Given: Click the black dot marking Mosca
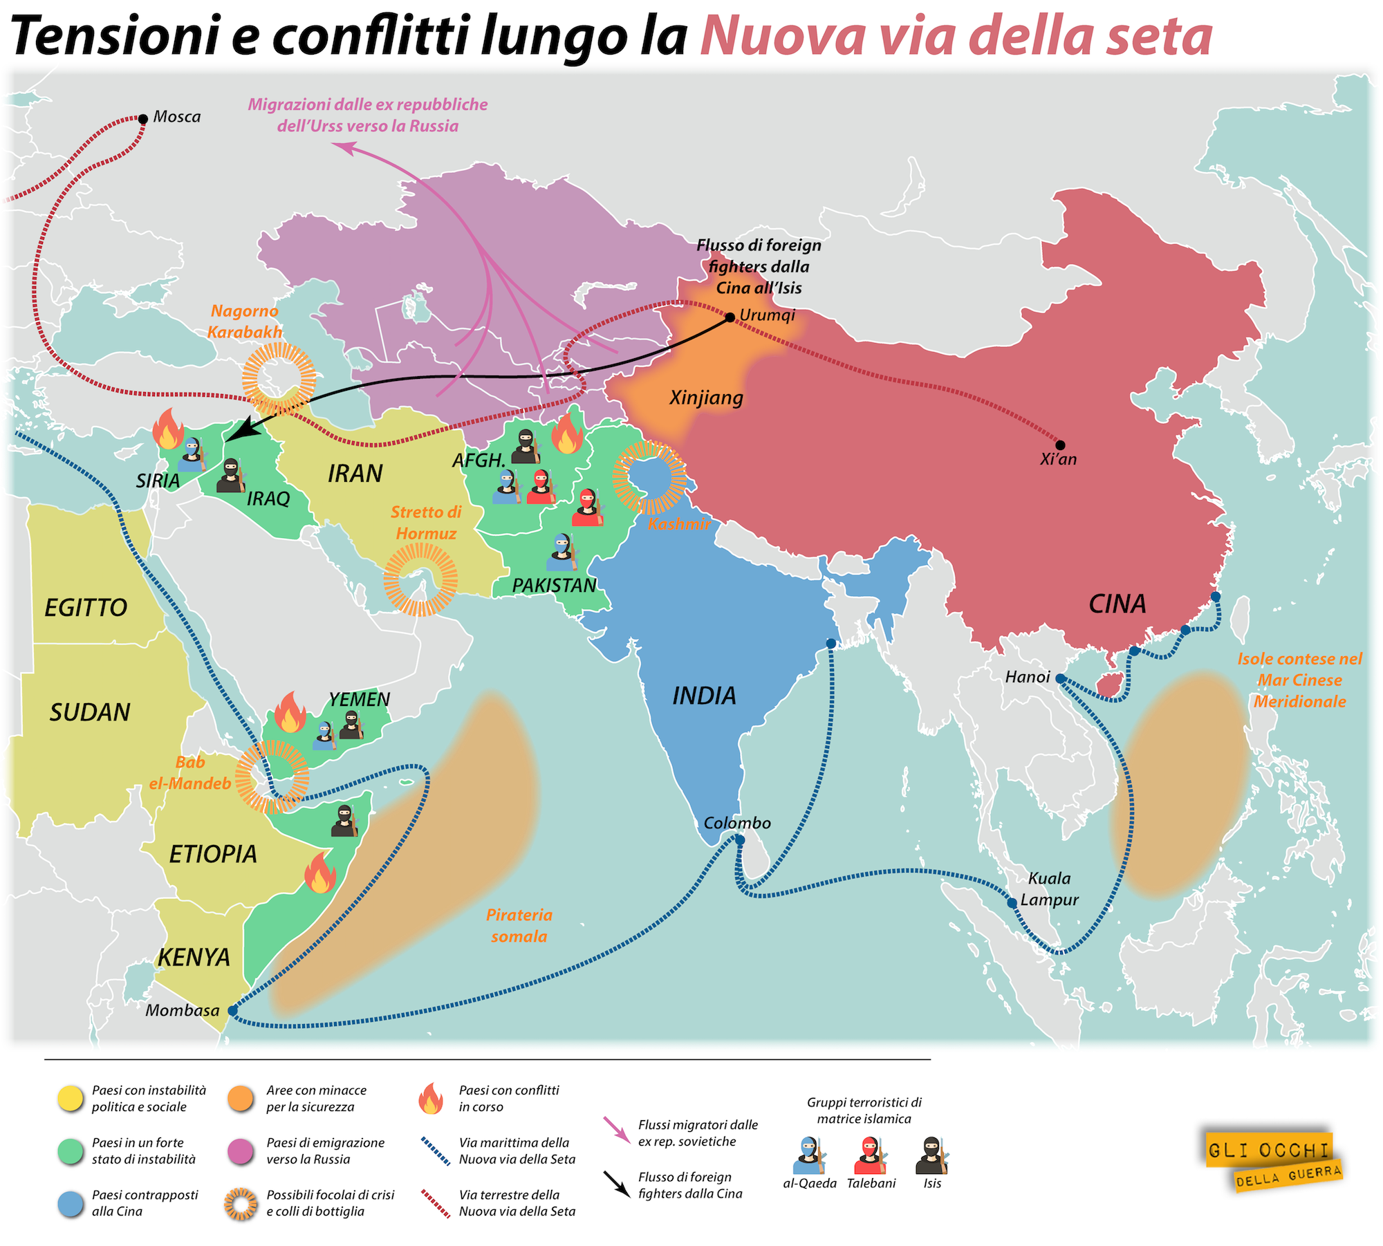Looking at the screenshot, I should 143,119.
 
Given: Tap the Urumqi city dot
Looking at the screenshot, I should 730,317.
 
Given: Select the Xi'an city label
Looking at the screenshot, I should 1058,459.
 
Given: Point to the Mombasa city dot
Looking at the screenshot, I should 232,1011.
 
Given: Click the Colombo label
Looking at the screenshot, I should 736,823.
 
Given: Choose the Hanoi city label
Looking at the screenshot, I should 1028,677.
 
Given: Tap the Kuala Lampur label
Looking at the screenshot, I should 1049,889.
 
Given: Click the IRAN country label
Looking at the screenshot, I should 355,474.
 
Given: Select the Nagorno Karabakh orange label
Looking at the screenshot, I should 245,322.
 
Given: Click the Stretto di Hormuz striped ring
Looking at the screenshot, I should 420,579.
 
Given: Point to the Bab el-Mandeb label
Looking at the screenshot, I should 190,773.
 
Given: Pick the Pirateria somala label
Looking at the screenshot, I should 519,926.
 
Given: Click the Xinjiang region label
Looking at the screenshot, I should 706,398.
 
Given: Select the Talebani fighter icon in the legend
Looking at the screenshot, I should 871,1156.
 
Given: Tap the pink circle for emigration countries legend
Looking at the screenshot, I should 241,1151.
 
